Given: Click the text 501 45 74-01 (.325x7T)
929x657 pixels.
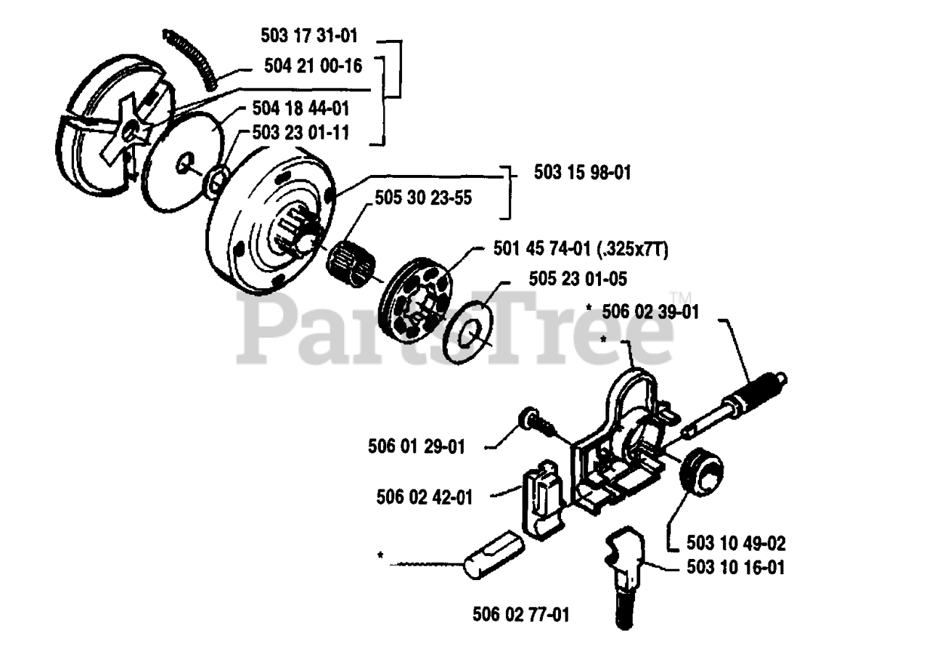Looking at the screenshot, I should point(576,250).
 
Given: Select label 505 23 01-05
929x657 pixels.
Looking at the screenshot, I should point(568,278).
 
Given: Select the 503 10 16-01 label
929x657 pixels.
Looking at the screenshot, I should point(735,567).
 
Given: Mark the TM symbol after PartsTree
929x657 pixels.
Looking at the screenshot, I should point(680,298).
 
